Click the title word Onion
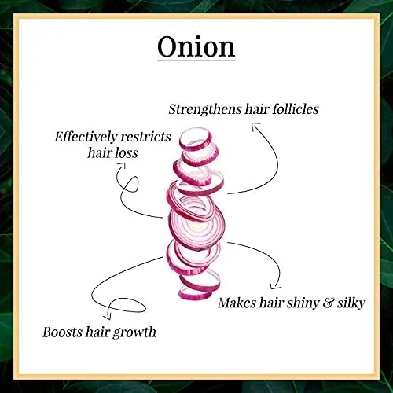[196, 46]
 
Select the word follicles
[296, 108]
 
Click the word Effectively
[86, 137]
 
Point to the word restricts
[146, 137]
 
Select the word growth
[134, 333]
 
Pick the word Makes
[237, 303]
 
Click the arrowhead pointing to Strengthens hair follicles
[255, 125]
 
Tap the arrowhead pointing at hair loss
[122, 165]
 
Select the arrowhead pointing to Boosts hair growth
[108, 317]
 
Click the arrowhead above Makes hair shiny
[275, 287]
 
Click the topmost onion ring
[196, 139]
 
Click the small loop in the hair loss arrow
[131, 183]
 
